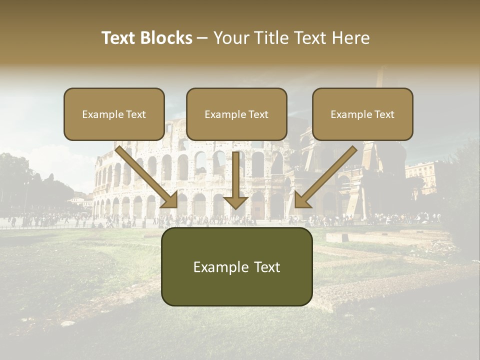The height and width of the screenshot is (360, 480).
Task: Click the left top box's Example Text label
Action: point(114,114)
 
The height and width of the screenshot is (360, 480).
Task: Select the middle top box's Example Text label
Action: point(236,114)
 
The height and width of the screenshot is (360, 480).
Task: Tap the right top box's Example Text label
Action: point(362,114)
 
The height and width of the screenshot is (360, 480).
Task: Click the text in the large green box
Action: point(236,267)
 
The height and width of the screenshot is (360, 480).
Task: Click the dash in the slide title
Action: point(202,38)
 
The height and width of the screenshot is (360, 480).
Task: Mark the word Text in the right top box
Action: point(384,114)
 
